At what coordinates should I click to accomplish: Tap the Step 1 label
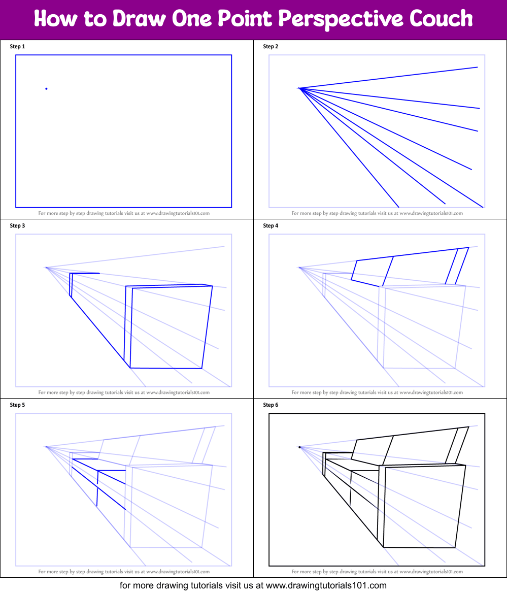[17, 47]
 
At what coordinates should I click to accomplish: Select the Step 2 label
[271, 47]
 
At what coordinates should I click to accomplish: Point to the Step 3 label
[17, 226]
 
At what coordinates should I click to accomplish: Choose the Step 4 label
[271, 226]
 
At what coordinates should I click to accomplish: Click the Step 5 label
[17, 405]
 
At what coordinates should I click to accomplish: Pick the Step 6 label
[271, 405]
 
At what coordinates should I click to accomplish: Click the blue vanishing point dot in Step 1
[46, 89]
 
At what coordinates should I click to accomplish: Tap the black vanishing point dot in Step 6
[299, 447]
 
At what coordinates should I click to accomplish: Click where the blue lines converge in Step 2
[299, 89]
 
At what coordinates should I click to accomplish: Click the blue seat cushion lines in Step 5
[102, 477]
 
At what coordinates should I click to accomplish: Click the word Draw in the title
[139, 19]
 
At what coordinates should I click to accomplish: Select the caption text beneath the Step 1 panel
[124, 213]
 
